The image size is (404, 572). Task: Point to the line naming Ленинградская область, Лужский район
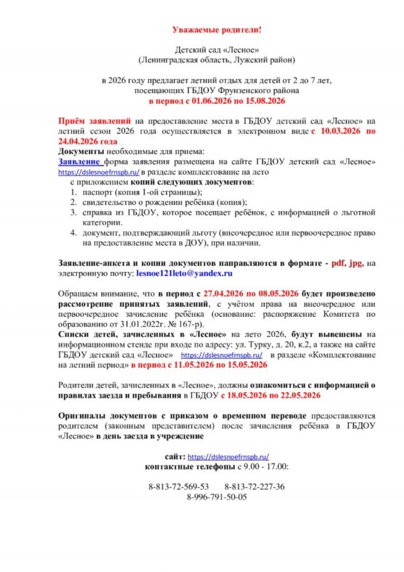[x=216, y=59]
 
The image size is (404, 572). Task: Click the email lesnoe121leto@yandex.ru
[x=184, y=274]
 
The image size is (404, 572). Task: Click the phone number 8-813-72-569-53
[x=179, y=487]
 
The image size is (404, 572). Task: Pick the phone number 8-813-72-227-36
[x=254, y=487]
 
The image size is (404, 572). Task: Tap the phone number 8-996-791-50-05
[x=217, y=497]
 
